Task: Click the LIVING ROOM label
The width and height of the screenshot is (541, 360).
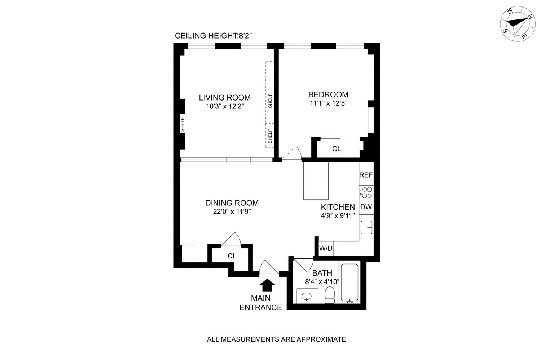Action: [225, 98]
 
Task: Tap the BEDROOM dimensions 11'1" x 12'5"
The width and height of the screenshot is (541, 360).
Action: [328, 103]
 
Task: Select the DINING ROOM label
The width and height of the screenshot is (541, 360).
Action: [232, 203]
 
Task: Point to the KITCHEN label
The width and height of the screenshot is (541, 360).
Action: [338, 207]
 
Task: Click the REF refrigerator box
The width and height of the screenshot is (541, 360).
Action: [366, 175]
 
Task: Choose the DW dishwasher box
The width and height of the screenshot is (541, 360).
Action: [366, 207]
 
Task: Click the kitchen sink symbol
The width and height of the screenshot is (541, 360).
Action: [367, 227]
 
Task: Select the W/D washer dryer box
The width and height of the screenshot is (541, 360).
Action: [326, 249]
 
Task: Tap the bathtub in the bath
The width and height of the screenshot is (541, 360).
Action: [349, 283]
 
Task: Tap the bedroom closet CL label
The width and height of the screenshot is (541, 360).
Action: [337, 149]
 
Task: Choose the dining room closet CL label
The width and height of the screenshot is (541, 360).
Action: [232, 256]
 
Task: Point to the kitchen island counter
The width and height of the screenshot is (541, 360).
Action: [316, 181]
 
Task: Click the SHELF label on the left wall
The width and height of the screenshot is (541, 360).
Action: [182, 125]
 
